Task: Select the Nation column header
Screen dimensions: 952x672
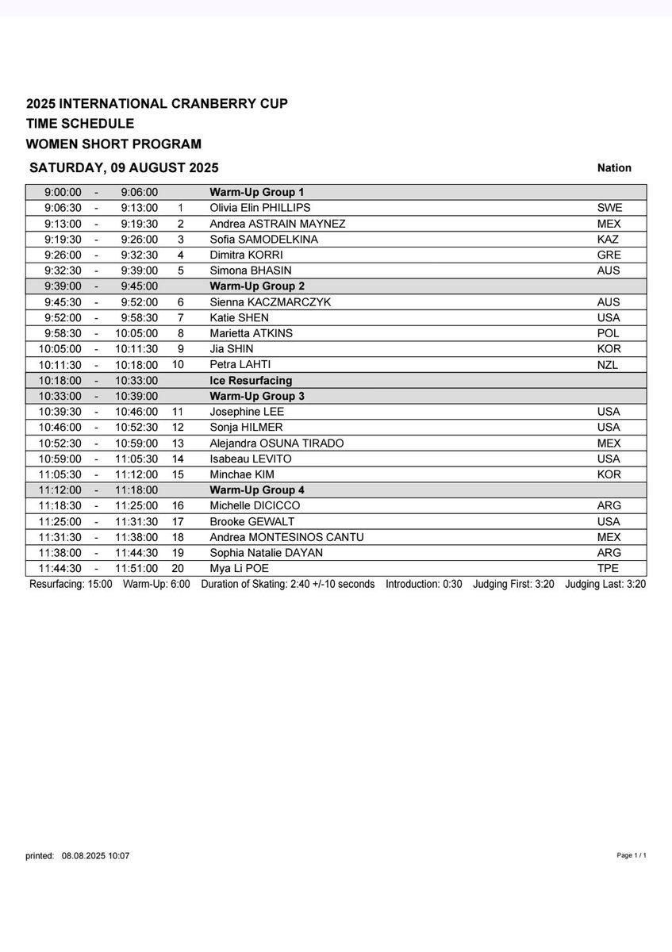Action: pyautogui.click(x=614, y=167)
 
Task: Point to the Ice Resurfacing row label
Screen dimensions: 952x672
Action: pyautogui.click(x=250, y=380)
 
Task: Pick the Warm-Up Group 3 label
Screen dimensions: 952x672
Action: pyautogui.click(x=257, y=396)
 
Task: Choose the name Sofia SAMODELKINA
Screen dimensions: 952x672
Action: pyautogui.click(x=260, y=239)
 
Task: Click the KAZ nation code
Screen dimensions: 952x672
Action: pyautogui.click(x=609, y=239)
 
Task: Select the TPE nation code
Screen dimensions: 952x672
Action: pyautogui.click(x=609, y=568)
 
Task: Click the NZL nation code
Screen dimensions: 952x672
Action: pyautogui.click(x=609, y=364)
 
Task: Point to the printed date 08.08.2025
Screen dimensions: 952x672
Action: pyautogui.click(x=83, y=856)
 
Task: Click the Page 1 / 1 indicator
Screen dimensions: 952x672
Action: pyautogui.click(x=632, y=856)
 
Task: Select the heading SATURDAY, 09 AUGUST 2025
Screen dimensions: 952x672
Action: pyautogui.click(x=124, y=167)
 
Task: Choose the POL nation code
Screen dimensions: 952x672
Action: pyautogui.click(x=609, y=333)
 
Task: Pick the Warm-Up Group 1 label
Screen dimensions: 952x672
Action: pyautogui.click(x=257, y=192)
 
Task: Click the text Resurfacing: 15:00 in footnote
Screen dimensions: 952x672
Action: pyautogui.click(x=71, y=585)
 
